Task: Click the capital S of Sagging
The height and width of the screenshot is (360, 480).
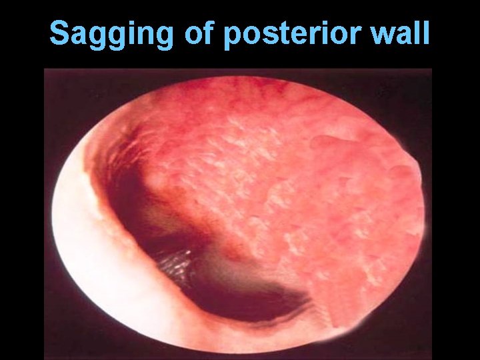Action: point(60,33)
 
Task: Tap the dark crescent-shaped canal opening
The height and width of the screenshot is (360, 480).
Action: point(220,293)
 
